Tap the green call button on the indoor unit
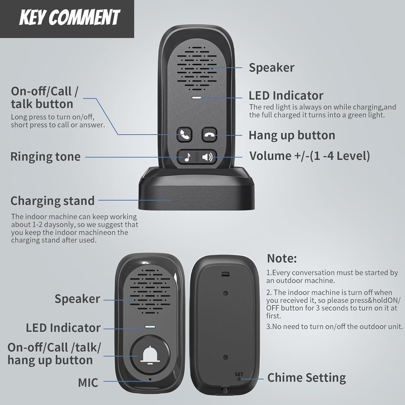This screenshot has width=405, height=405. click(x=184, y=135)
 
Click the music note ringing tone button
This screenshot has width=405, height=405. click(x=187, y=157)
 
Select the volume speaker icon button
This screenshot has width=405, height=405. click(x=207, y=157)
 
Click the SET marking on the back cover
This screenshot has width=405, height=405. click(x=238, y=375)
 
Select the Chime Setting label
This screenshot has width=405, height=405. click(x=306, y=378)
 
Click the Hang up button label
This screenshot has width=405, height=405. click(x=292, y=135)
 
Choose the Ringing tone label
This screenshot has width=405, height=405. click(x=46, y=156)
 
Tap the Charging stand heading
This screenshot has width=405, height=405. click(x=53, y=200)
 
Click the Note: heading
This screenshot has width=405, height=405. click(x=281, y=258)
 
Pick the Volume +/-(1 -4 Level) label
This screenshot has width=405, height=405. click(x=309, y=156)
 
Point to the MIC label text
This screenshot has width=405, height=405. click(x=88, y=382)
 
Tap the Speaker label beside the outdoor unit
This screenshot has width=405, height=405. click(x=77, y=299)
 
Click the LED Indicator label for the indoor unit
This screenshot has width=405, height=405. click(x=286, y=95)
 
